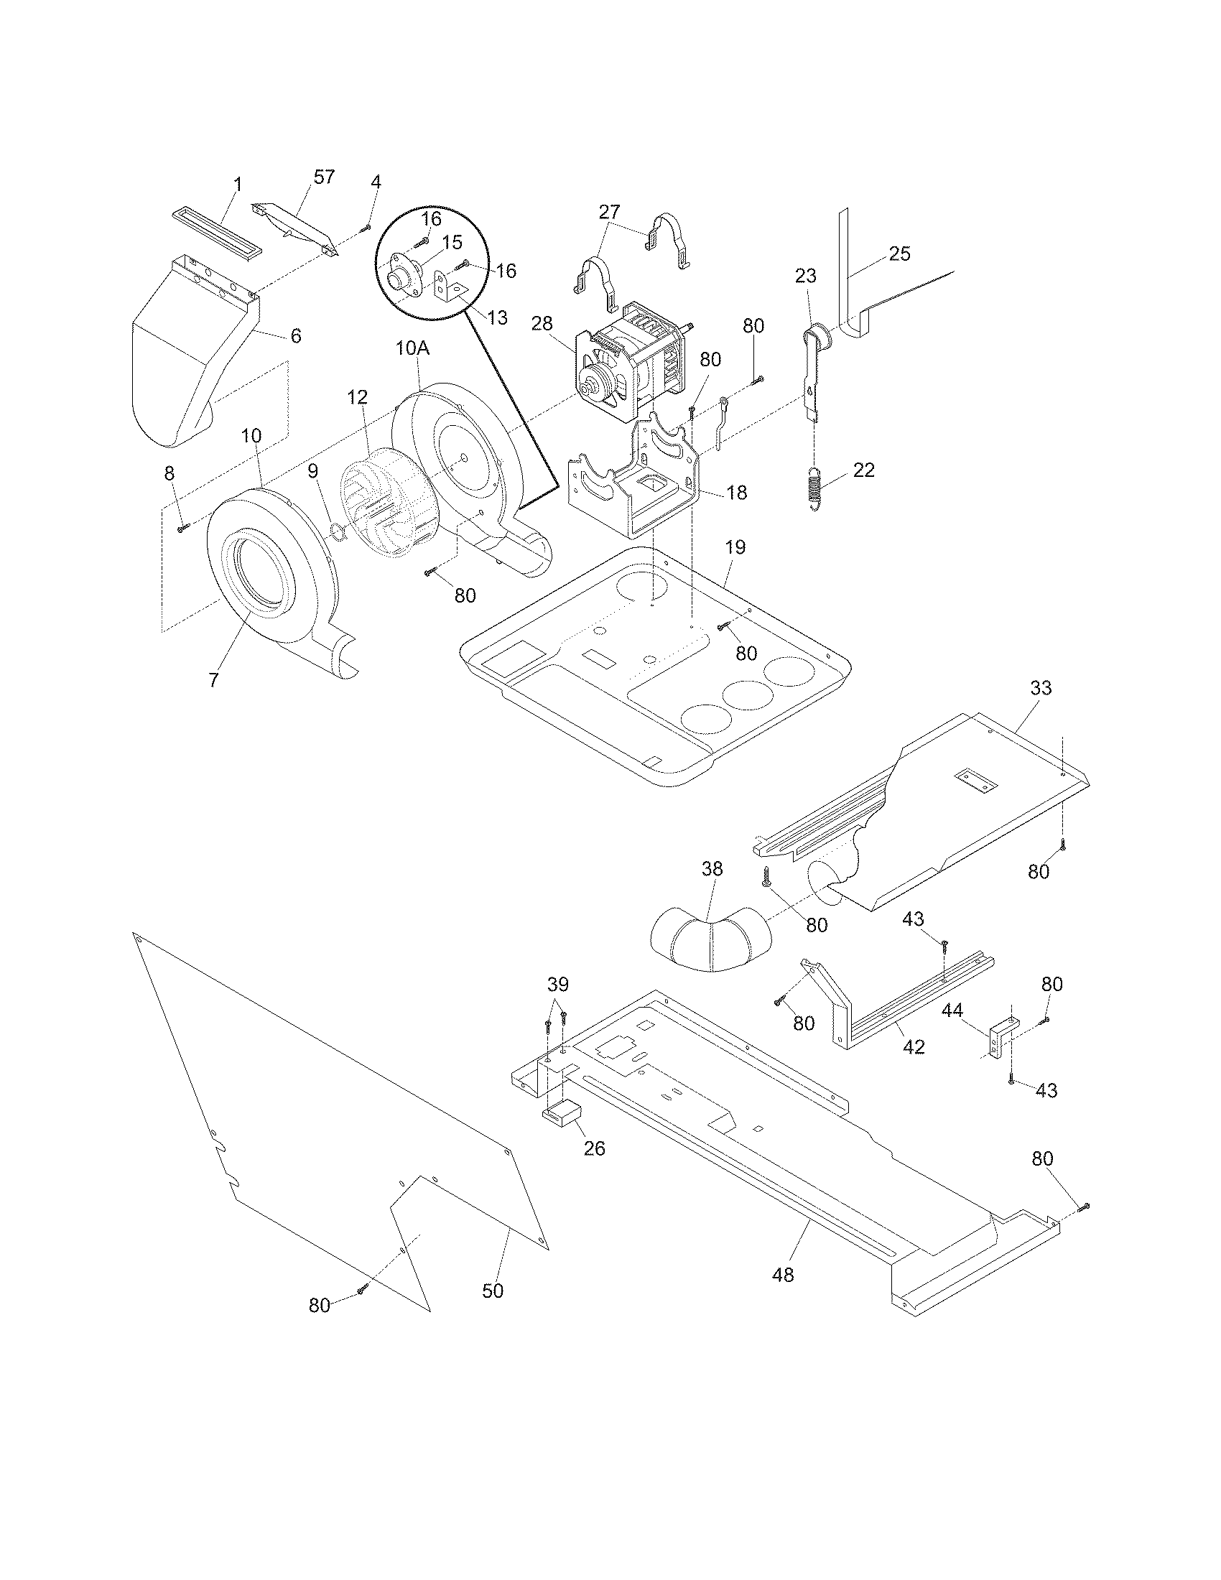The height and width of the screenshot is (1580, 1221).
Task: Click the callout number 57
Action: [324, 177]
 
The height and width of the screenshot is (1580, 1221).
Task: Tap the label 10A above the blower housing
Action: [412, 349]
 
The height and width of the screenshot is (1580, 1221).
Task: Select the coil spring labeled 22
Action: [814, 489]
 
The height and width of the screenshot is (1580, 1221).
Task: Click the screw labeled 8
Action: [182, 529]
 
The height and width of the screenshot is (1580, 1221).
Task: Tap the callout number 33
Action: [1040, 688]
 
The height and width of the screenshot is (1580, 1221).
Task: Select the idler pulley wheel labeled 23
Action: [819, 335]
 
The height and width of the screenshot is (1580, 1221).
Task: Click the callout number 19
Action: [735, 548]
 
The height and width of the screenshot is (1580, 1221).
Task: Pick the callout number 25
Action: [899, 254]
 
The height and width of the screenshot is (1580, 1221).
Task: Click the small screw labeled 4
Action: [366, 228]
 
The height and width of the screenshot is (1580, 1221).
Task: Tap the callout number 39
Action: [557, 985]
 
